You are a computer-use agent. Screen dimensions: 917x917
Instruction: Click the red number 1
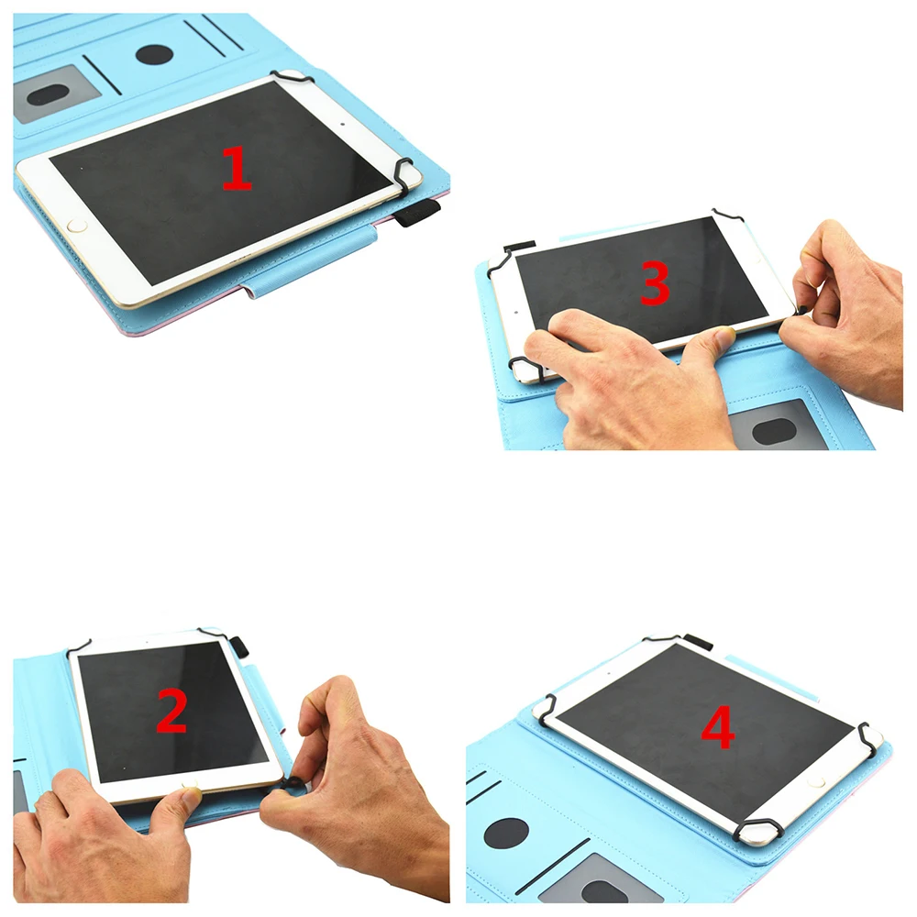coord(238,169)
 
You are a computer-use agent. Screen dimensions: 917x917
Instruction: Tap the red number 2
coord(171,710)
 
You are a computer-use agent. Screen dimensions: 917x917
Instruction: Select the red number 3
coord(655,283)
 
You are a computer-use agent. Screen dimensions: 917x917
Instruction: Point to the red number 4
coord(718,728)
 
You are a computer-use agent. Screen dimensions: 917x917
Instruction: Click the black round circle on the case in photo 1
coord(154,56)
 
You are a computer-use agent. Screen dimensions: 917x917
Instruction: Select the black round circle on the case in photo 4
coord(507,833)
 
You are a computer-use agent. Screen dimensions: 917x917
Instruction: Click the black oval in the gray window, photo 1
coord(50,95)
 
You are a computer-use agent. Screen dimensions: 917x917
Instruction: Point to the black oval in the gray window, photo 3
coord(774,432)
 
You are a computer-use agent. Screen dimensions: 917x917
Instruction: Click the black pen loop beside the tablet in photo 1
coord(417,212)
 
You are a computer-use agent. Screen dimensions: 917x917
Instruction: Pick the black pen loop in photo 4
coord(698,642)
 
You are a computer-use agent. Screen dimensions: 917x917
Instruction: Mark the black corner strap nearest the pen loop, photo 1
coord(403,174)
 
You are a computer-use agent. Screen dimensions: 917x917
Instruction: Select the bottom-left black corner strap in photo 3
coord(527,369)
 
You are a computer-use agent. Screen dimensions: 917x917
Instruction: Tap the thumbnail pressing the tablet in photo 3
coord(724,337)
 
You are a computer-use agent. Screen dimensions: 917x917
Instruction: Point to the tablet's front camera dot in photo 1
coord(342,124)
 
